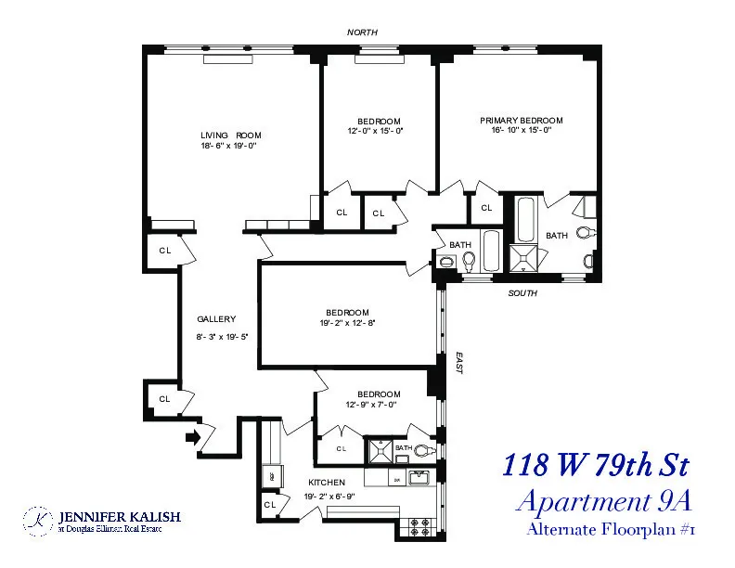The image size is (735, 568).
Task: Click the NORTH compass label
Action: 362,32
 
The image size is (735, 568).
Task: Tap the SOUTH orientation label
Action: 523,293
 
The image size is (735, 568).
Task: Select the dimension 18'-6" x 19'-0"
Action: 227,146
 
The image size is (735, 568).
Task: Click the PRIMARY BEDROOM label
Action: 521,121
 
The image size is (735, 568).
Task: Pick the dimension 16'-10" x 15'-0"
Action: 521,131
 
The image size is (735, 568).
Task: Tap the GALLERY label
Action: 216,318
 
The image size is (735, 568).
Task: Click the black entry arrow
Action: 193,436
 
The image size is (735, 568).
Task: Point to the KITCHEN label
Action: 327,483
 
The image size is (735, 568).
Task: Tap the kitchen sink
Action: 417,479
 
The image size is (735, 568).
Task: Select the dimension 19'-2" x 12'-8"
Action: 346,323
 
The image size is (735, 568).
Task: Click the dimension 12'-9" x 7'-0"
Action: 371,404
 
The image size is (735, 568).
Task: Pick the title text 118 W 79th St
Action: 596,465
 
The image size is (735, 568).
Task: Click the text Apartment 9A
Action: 604,501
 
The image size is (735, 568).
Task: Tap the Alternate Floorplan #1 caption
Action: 611,530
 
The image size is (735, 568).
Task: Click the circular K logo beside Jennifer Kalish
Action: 38,521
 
